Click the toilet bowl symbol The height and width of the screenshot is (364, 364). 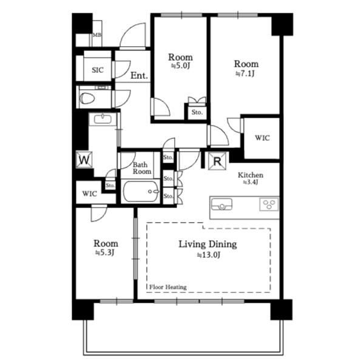pyautogui.click(x=87, y=99)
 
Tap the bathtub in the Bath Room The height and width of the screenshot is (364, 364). pyautogui.click(x=141, y=192)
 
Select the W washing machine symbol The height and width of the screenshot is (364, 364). pyautogui.click(x=84, y=160)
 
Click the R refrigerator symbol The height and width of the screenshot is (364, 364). pyautogui.click(x=217, y=161)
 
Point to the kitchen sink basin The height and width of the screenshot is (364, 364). pyautogui.click(x=221, y=204)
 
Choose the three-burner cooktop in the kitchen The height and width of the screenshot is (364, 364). pyautogui.click(x=269, y=204)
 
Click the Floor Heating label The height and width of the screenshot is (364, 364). pyautogui.click(x=168, y=287)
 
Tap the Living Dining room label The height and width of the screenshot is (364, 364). pyautogui.click(x=207, y=244)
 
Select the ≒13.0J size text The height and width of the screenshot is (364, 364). pyautogui.click(x=209, y=255)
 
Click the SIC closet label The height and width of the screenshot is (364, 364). pyautogui.click(x=98, y=70)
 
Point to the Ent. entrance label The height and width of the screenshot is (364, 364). pyautogui.click(x=139, y=75)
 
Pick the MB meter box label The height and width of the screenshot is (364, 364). pyautogui.click(x=97, y=35)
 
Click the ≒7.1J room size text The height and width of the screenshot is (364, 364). pyautogui.click(x=245, y=73)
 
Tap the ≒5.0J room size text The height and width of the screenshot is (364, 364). pyautogui.click(x=181, y=66)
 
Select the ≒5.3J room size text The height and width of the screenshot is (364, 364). pyautogui.click(x=105, y=252)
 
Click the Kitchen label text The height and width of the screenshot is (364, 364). pyautogui.click(x=251, y=175)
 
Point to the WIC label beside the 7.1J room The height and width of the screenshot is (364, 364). pyautogui.click(x=262, y=138)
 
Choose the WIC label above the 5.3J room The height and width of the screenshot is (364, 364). pyautogui.click(x=90, y=194)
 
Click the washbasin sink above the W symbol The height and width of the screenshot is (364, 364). pyautogui.click(x=103, y=120)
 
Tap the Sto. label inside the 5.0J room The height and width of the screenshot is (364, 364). pyautogui.click(x=197, y=112)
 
